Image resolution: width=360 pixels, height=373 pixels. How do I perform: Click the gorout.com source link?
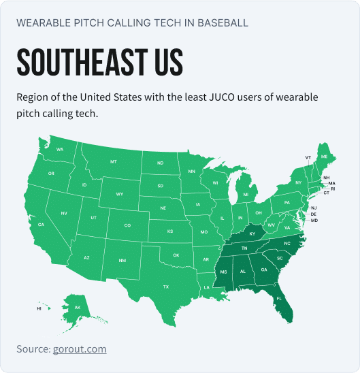coord(80,349)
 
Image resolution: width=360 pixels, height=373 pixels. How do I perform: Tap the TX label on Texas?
coord(165,287)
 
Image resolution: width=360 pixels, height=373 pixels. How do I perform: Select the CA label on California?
coord(41,225)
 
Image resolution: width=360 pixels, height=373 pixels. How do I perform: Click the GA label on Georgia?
coord(264,270)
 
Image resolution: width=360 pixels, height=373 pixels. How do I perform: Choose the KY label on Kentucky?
coord(252,234)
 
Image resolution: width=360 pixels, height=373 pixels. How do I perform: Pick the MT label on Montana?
coord(114,162)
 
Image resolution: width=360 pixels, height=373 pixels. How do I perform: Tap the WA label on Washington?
coord(60,149)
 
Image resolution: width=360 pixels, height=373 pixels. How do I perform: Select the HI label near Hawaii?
coord(39,308)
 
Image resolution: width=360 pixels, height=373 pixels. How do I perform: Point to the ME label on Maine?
coord(325,157)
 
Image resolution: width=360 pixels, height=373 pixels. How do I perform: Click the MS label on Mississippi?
coord(223,272)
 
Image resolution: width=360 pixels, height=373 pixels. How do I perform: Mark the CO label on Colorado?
coord(127,225)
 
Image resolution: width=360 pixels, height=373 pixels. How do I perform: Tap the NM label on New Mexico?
coord(122,261)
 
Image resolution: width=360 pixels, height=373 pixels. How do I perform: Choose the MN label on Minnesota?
coord(192,171)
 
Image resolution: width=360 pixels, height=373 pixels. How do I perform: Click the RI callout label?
coord(333,189)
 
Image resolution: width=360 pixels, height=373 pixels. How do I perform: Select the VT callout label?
coord(308,157)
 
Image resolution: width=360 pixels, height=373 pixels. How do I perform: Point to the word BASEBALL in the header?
coord(218,22)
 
